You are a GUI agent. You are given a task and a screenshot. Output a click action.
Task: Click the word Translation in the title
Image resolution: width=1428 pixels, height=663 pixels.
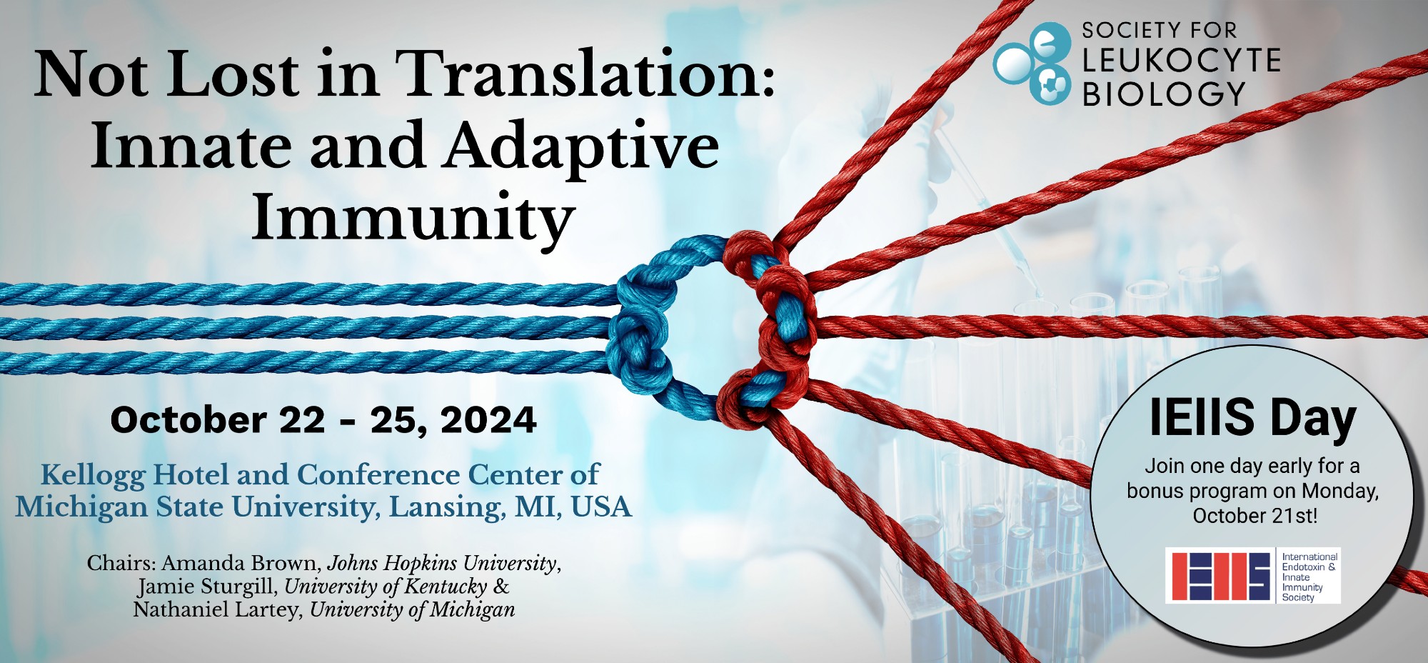coord(585,74)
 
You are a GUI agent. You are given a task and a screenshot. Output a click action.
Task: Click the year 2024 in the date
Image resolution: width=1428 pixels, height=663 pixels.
coord(488,420)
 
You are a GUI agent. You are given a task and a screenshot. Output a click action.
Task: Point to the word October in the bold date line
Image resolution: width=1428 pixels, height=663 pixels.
coord(188,420)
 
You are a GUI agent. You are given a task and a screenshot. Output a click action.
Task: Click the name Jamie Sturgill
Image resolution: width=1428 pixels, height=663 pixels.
coord(207,587)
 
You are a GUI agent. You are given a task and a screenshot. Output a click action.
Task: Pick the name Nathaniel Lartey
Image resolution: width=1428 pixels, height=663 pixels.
coord(217,609)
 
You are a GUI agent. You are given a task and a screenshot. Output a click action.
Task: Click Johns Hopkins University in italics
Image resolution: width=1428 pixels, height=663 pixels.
coord(443,564)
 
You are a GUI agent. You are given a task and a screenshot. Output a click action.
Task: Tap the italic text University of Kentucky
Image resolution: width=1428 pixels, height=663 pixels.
coord(386,587)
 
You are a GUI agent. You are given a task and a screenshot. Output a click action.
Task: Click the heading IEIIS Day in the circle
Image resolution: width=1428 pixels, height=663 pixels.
coord(1252,417)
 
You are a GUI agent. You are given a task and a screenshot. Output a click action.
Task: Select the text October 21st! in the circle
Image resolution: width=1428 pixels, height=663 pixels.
coord(1254,516)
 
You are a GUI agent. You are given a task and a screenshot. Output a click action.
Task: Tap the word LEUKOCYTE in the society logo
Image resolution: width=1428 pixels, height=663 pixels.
coord(1181,61)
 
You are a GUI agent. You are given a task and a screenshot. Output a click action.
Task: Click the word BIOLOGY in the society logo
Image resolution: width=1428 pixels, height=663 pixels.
coord(1164,94)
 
